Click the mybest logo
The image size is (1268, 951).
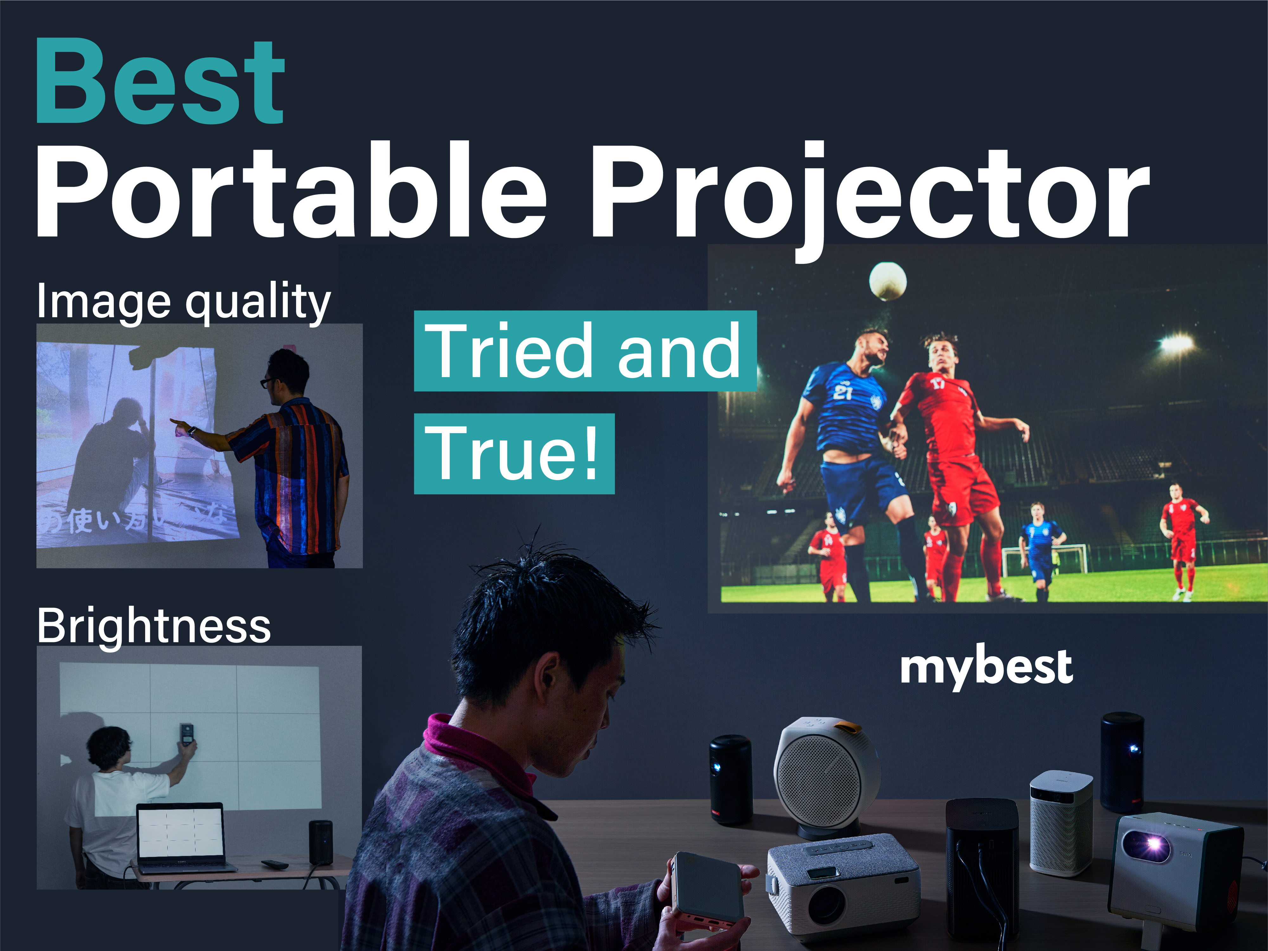(x=986, y=667)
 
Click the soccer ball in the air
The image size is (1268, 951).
(x=887, y=281)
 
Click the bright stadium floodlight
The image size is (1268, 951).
(x=1176, y=344)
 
